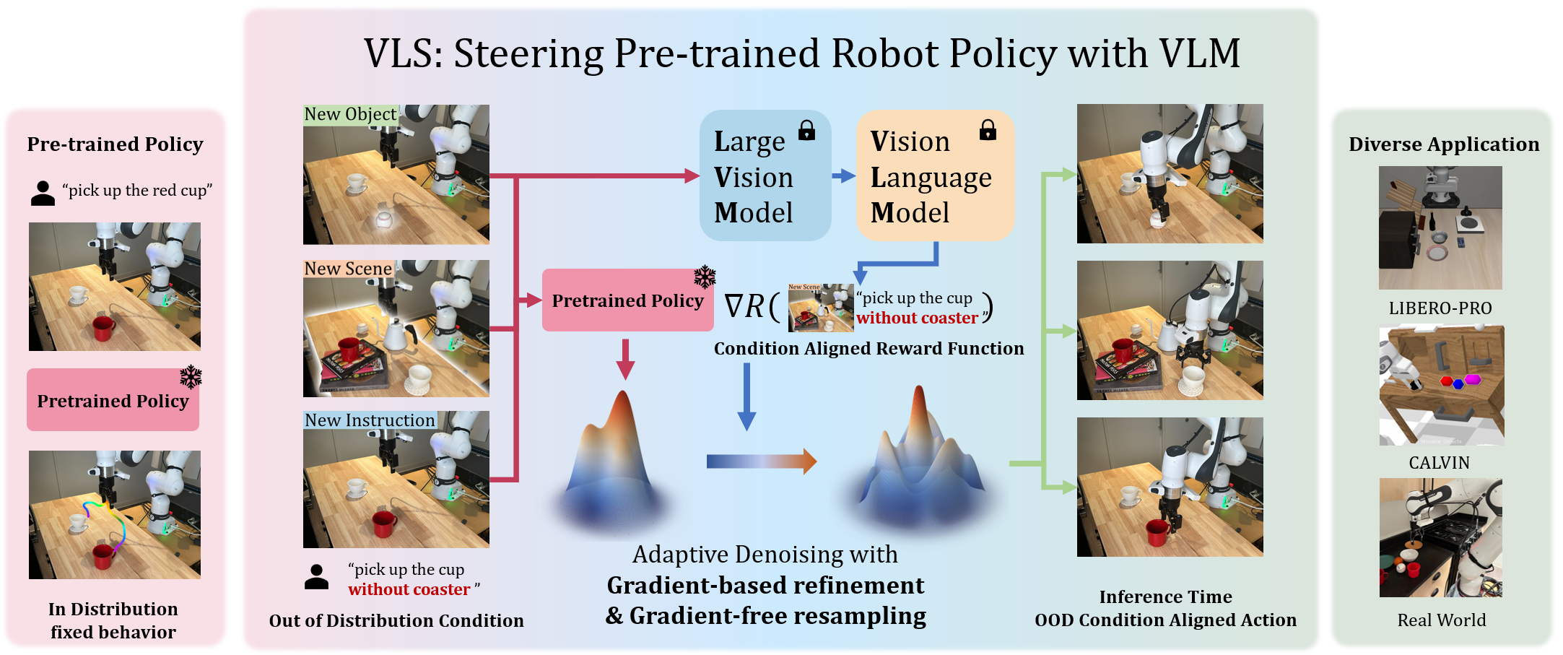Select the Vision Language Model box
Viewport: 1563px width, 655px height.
tap(934, 175)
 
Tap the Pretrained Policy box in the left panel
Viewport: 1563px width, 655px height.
tap(113, 401)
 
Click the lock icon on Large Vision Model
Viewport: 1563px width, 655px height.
tap(806, 131)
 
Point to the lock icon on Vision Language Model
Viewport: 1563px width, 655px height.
tap(988, 131)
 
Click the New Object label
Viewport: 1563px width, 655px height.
tap(350, 114)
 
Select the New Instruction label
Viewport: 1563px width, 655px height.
tap(370, 420)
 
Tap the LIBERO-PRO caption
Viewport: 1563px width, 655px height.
tap(1440, 308)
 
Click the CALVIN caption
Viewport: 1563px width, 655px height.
tap(1439, 463)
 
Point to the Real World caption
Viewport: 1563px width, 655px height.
tap(1441, 620)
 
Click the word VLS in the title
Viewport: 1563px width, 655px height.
tap(402, 54)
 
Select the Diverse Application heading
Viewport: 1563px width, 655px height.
tap(1443, 144)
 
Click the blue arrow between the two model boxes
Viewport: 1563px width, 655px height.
tap(843, 175)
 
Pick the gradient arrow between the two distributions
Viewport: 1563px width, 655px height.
tap(761, 461)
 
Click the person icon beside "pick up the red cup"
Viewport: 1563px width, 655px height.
tap(43, 193)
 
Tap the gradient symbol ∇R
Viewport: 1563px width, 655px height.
tap(744, 306)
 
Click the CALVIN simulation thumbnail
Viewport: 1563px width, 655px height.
tap(1441, 386)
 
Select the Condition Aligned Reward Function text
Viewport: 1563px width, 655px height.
tap(868, 349)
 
